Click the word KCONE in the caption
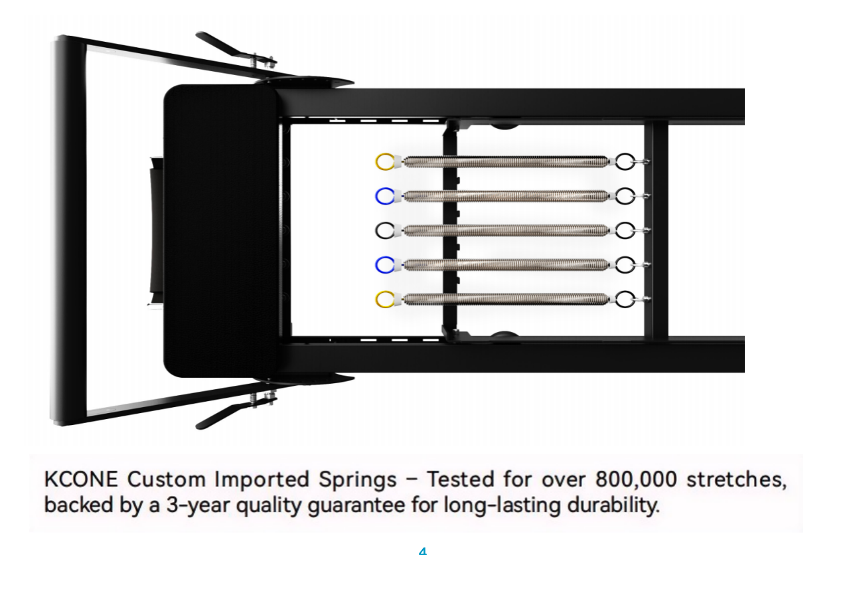pos(81,479)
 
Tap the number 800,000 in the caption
pos(636,479)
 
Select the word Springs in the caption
pos(358,480)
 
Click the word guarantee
pos(356,505)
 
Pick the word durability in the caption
pos(613,505)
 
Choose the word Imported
pos(262,479)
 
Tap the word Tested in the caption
pos(461,479)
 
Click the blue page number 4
pos(423,551)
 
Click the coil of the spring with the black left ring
pos(506,230)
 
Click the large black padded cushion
pos(220,231)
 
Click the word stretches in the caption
pos(737,479)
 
